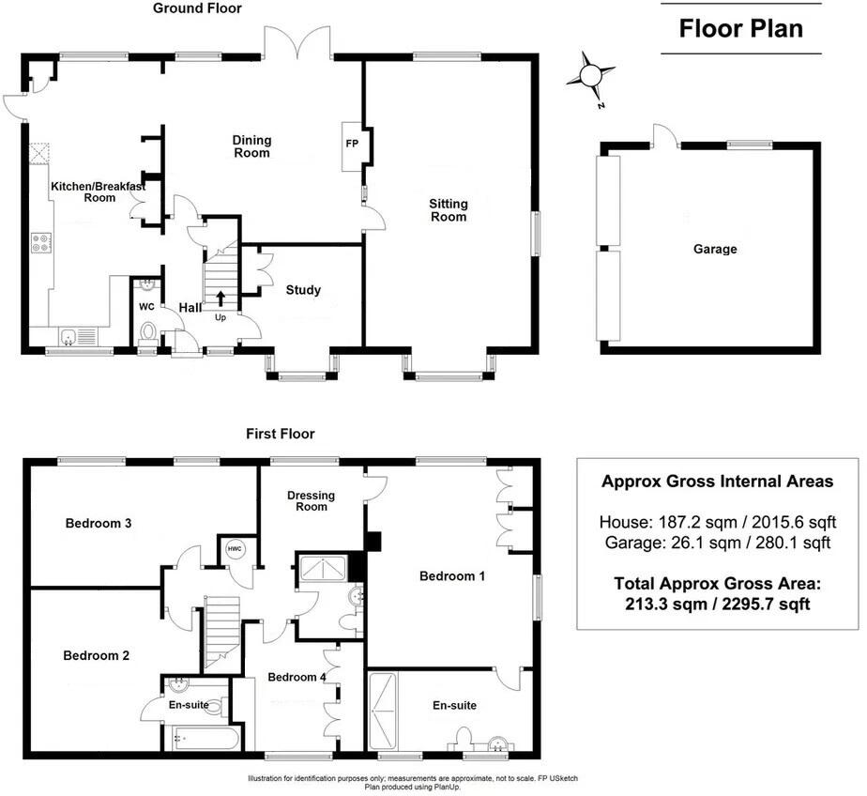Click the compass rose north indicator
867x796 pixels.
tap(591, 78)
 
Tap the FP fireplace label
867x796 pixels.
tap(354, 144)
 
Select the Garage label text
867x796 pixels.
tap(715, 250)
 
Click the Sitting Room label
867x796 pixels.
tap(449, 210)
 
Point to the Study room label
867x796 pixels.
tap(303, 290)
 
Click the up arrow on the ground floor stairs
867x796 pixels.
tap(221, 298)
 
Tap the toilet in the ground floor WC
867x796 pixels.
tap(147, 330)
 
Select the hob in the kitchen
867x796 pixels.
tap(42, 243)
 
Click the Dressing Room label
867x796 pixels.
tap(312, 500)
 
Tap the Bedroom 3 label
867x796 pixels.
tap(98, 524)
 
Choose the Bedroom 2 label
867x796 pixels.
tap(96, 656)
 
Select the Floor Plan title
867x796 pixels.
tap(740, 28)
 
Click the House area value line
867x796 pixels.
tap(717, 522)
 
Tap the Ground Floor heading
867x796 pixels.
tap(198, 8)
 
